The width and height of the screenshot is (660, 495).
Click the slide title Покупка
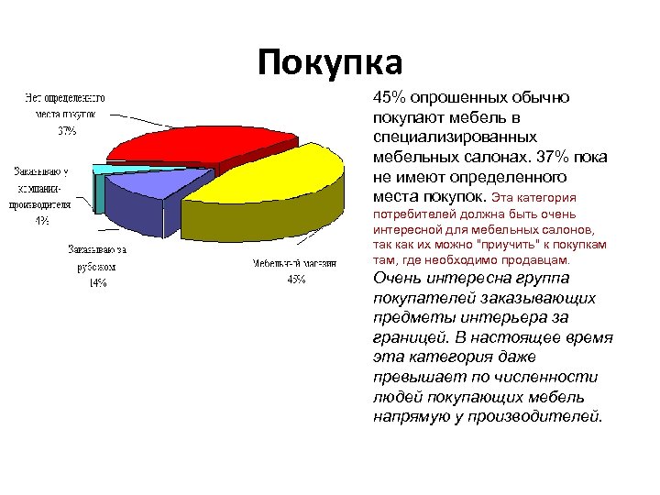click(x=330, y=63)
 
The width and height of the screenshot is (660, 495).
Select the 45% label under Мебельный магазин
click(x=297, y=280)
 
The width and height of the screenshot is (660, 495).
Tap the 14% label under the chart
click(x=96, y=282)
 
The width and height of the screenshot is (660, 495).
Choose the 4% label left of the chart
click(x=42, y=220)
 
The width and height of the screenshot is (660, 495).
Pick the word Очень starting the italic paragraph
click(x=397, y=278)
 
